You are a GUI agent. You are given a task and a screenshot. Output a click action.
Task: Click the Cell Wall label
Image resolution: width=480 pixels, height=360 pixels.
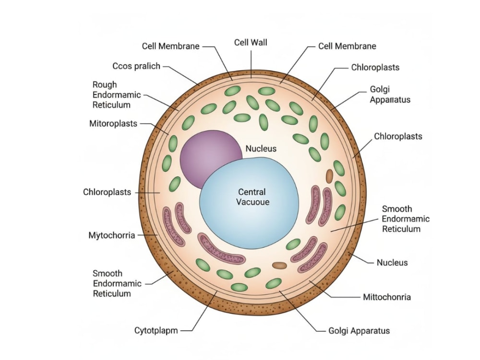click(x=251, y=42)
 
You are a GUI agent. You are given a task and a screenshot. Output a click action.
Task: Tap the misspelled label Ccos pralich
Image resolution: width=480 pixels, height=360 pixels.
click(x=136, y=66)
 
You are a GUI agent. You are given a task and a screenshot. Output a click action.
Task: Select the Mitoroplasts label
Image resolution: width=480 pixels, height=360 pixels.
click(x=113, y=124)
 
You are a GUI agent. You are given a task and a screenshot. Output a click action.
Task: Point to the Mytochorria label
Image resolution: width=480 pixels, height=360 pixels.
click(x=112, y=235)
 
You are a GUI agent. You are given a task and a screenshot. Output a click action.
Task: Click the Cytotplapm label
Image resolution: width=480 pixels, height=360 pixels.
click(x=156, y=331)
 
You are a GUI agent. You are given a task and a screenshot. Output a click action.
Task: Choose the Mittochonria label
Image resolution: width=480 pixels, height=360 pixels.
click(x=387, y=297)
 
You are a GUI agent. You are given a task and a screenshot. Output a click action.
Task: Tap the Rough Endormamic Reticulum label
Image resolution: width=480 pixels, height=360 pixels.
click(x=117, y=95)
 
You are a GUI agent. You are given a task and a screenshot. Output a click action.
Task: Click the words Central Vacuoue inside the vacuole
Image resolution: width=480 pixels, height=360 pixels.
click(x=252, y=197)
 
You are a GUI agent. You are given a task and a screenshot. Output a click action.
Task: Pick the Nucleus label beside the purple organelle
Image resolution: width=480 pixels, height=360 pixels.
click(x=261, y=148)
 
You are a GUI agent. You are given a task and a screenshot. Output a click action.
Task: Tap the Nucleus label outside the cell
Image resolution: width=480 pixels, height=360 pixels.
click(x=392, y=263)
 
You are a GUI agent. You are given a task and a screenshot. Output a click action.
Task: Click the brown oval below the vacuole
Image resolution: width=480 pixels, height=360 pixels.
click(x=279, y=265)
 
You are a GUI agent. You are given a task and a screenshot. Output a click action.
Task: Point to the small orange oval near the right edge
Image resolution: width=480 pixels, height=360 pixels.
click(x=329, y=176)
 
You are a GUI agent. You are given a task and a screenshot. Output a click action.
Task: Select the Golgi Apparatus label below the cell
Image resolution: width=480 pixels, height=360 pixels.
click(x=359, y=331)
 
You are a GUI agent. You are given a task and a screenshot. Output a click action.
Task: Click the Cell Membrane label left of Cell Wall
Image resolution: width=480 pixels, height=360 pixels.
click(x=170, y=46)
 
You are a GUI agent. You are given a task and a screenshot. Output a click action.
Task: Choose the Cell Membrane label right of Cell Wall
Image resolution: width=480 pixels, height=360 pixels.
click(x=347, y=46)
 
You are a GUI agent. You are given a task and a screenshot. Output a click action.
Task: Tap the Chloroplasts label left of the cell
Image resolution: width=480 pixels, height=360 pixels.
click(x=107, y=192)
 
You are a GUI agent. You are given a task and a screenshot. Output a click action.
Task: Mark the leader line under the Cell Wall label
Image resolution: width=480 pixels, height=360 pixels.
click(x=251, y=64)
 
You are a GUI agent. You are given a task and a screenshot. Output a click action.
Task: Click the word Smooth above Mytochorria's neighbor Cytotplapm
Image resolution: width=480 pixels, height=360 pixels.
click(x=108, y=274)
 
